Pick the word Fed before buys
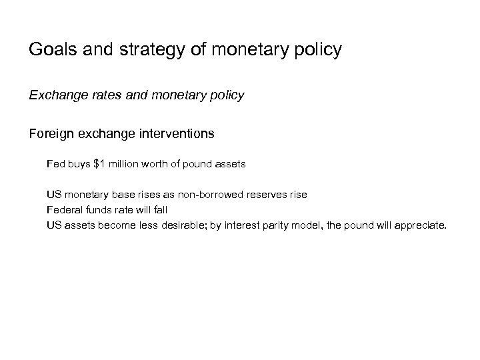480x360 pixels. point(55,163)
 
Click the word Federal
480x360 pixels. point(64,210)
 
